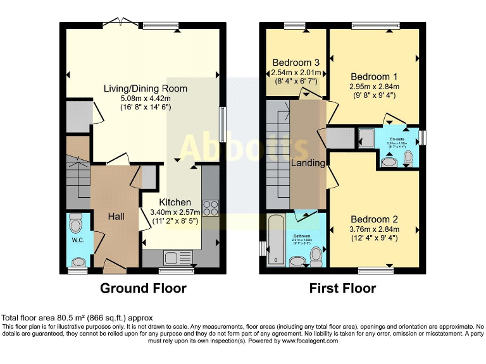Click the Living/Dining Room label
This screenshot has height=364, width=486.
137,88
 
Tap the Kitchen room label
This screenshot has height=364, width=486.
179,202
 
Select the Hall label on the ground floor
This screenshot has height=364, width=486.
115,216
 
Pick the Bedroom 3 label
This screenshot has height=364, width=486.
296,63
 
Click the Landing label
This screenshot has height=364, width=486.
308,163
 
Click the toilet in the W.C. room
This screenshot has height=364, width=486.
77,224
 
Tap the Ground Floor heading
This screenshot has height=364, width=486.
143,289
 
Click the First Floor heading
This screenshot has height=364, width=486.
342,289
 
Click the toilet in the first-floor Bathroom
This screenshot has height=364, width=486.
316,255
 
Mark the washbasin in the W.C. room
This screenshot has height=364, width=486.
78,262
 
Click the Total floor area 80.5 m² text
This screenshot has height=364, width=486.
77,317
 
